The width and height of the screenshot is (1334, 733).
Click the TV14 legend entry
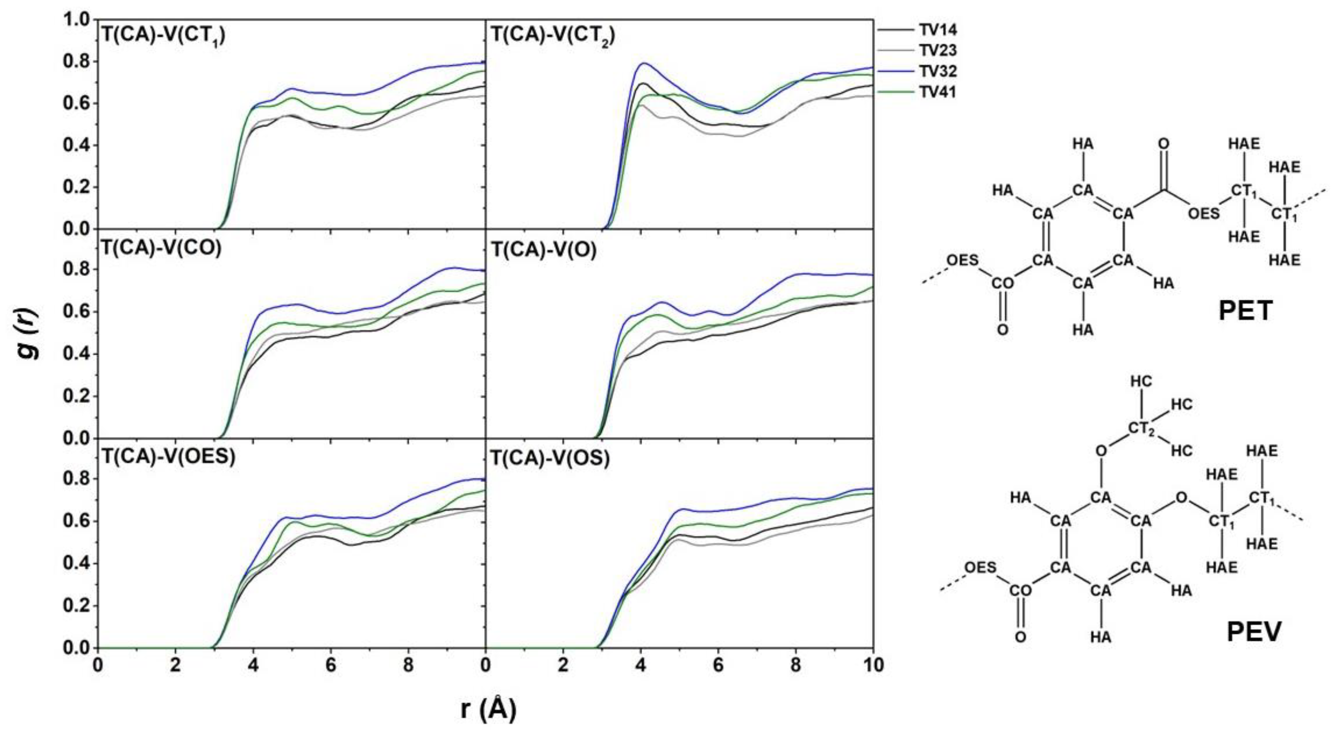[937, 29]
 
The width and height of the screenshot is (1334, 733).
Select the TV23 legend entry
[937, 50]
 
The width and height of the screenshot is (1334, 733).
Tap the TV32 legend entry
[937, 71]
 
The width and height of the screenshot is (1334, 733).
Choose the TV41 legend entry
[937, 92]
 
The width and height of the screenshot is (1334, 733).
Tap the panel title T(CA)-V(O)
[544, 250]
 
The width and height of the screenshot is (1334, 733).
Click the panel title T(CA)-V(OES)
[168, 457]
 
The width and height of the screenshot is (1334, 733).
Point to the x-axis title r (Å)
[488, 709]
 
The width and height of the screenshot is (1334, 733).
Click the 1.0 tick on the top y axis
[76, 20]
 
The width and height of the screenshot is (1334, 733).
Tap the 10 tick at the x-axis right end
[873, 665]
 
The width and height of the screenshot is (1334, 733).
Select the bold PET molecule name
[1245, 311]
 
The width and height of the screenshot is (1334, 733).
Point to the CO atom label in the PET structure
[1003, 283]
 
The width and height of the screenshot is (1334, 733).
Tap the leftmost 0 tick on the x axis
[98, 665]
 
